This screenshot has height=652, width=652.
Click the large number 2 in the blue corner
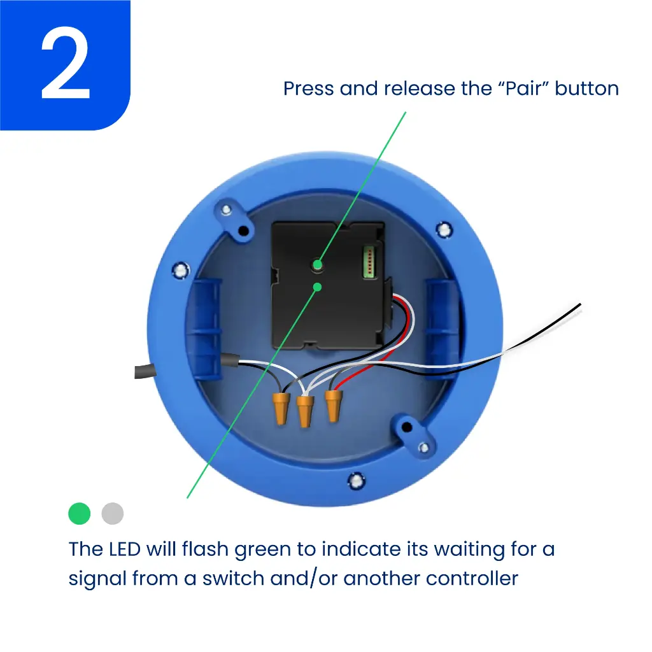coord(66,65)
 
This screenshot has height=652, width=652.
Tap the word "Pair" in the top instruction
coord(515,88)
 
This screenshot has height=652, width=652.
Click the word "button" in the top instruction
coord(586,88)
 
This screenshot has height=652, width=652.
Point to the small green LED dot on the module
coord(317,287)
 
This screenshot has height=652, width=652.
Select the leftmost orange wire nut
coord(279,407)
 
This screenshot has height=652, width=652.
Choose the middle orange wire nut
coord(305,411)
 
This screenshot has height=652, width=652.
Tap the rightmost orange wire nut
coord(332,405)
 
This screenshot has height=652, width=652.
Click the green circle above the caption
coord(80,513)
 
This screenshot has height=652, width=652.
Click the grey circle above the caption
coord(113,513)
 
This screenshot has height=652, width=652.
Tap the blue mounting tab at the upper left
coord(234,220)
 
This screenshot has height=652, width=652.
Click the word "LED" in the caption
coord(124,549)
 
